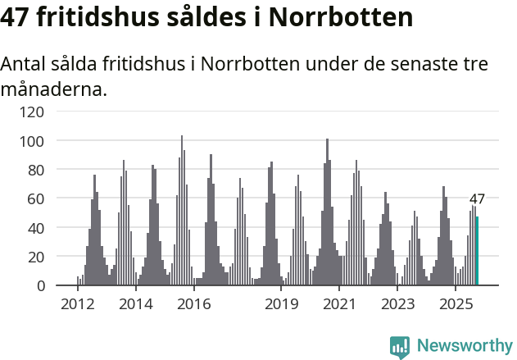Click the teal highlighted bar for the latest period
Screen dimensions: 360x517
pos(477,251)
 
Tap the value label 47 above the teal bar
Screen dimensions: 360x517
pos(477,198)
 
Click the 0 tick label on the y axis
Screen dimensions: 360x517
pos(40,285)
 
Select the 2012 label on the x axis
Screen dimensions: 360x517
pos(78,305)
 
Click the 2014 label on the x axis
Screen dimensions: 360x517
pos(136,305)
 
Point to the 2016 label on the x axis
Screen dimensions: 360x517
pos(194,305)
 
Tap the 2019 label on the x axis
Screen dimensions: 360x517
pos(281,305)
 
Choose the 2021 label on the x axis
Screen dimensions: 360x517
pos(339,305)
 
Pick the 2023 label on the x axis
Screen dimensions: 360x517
pos(397,305)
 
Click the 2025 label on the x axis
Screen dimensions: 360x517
pos(456,305)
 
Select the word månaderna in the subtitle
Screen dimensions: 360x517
pos(53,89)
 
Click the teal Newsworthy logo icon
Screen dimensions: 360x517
pos(400,347)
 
